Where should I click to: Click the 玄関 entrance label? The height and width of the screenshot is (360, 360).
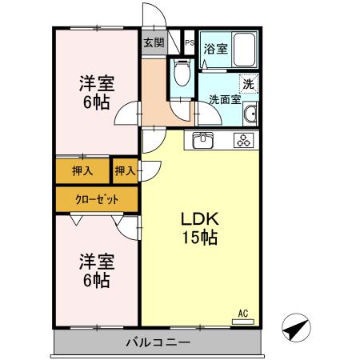[154, 43]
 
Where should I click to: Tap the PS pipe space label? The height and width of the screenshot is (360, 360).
[189, 42]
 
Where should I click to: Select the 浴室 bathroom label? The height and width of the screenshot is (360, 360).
[215, 48]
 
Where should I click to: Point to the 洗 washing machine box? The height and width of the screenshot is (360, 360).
[248, 82]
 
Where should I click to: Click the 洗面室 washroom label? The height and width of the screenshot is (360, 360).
[225, 100]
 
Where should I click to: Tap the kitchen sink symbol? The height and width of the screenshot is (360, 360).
[202, 142]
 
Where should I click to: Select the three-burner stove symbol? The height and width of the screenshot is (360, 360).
[243, 142]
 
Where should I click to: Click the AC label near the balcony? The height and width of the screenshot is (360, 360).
[243, 313]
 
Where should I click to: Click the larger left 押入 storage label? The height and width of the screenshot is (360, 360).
[82, 170]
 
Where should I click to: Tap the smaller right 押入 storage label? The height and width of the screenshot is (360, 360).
[124, 170]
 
